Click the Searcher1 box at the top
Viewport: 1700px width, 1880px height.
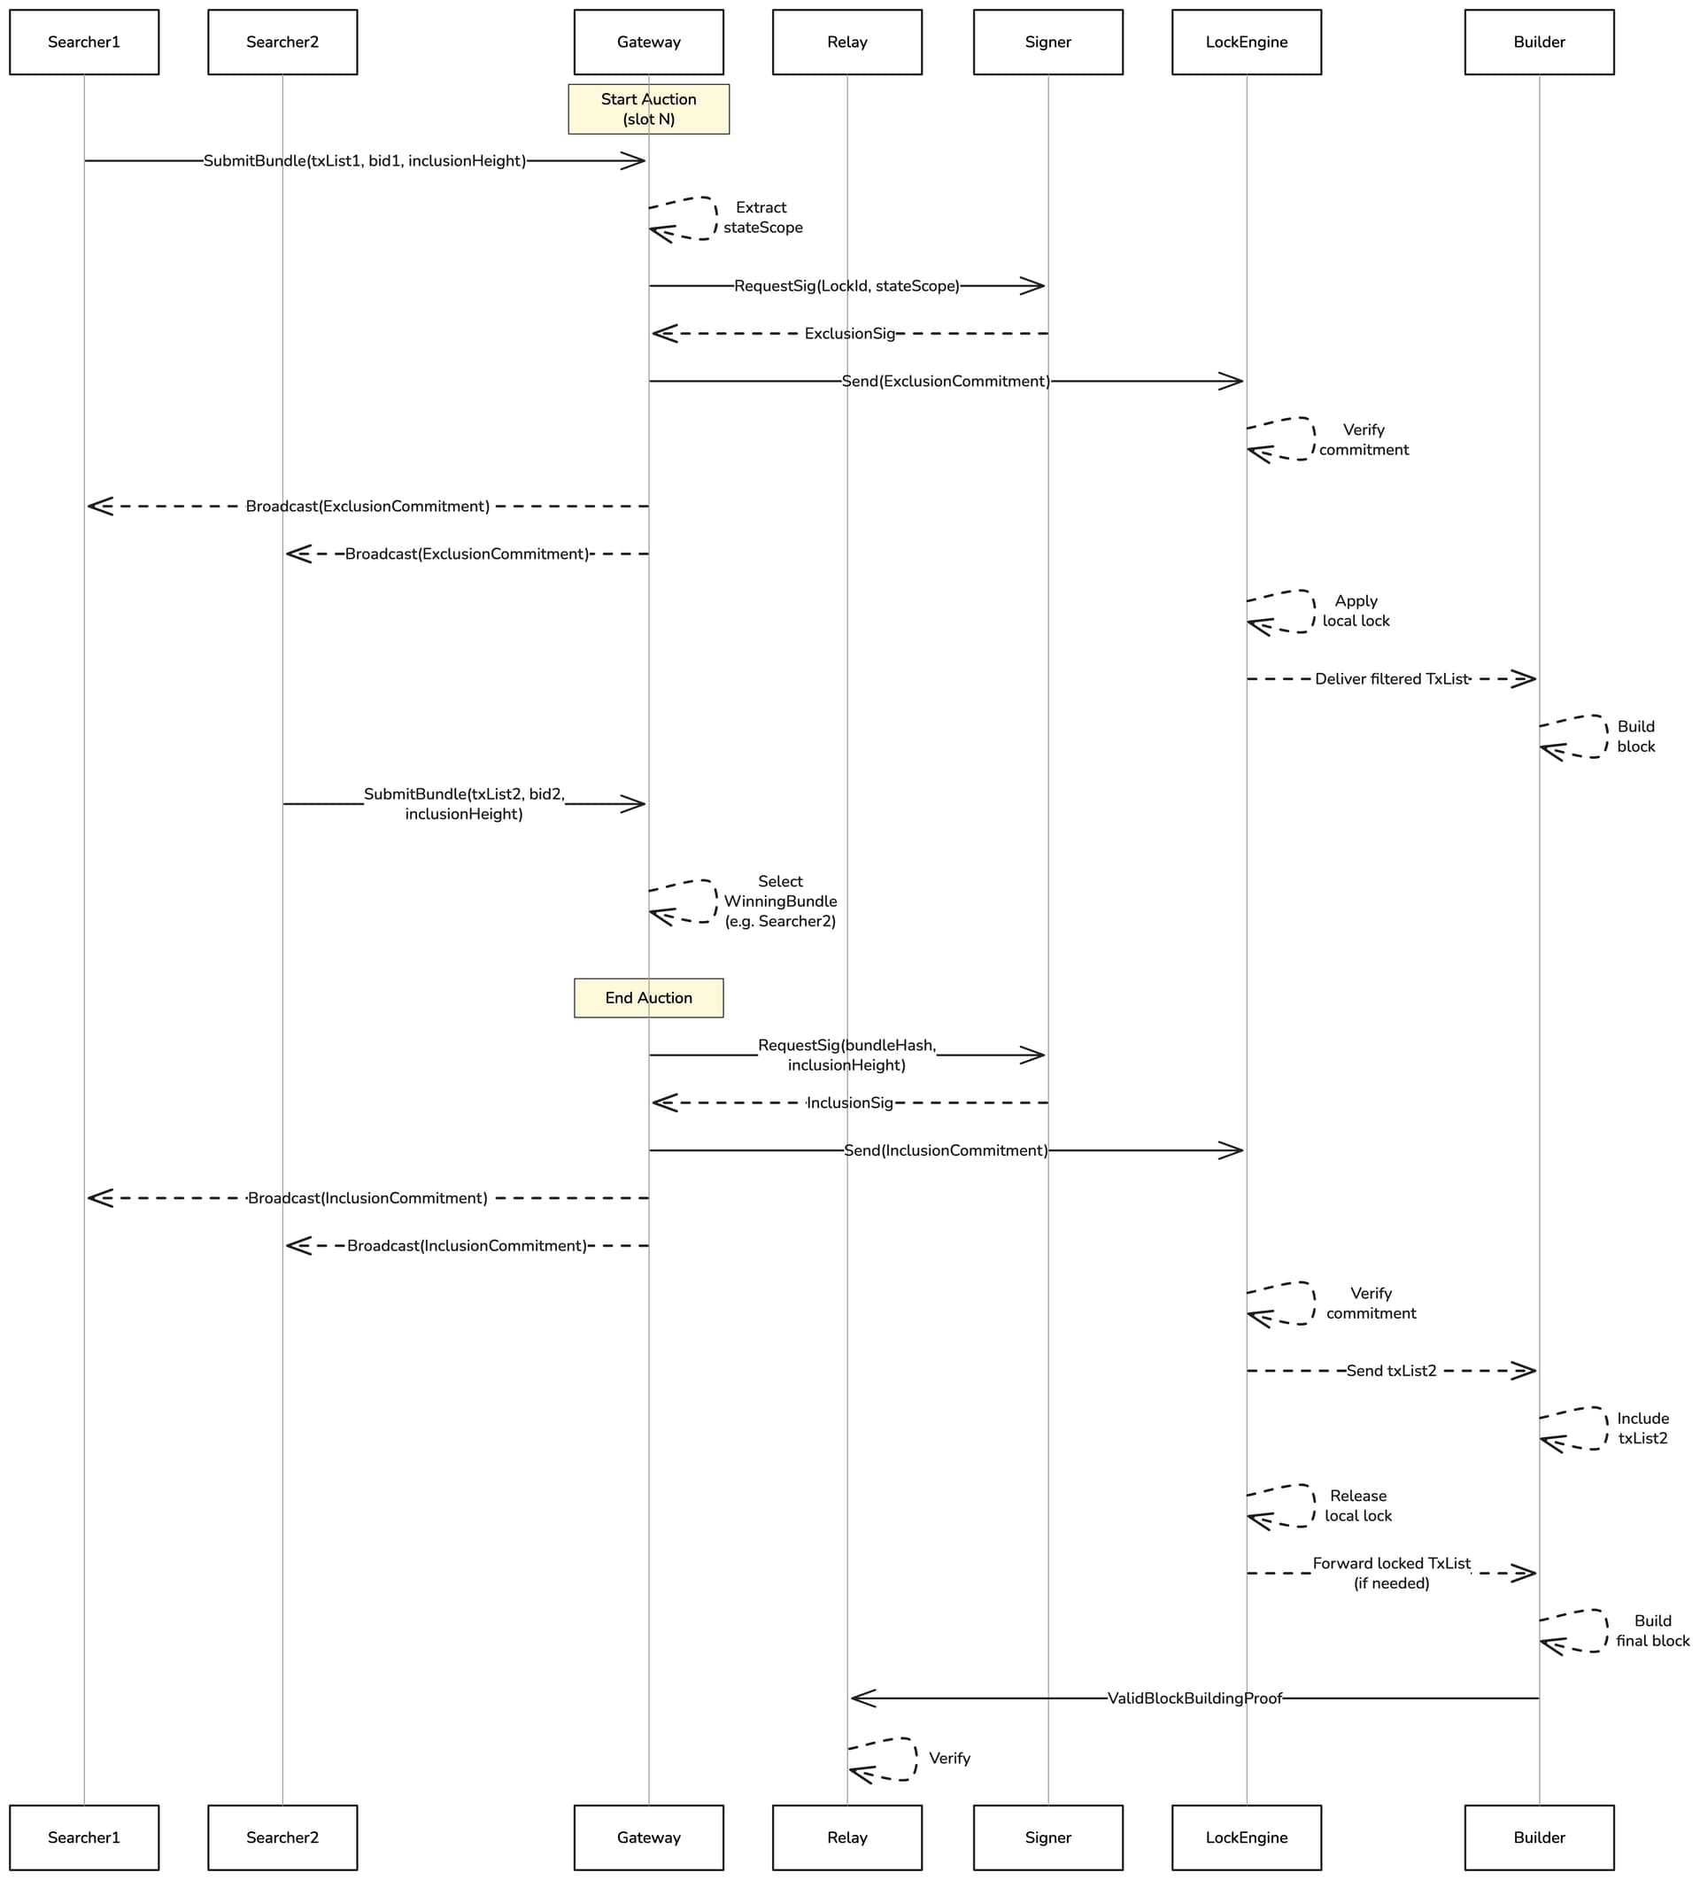tap(84, 42)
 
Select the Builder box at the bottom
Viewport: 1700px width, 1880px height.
tap(1539, 1837)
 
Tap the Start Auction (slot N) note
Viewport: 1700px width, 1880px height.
tap(648, 109)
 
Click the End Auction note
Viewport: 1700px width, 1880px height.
tap(648, 998)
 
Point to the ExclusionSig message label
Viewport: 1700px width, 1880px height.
tap(849, 334)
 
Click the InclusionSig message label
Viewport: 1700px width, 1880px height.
tap(849, 1103)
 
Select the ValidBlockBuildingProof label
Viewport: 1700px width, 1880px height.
tap(1194, 1698)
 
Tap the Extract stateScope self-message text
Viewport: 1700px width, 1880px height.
tap(761, 217)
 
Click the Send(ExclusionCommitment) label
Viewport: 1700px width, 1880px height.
tap(946, 382)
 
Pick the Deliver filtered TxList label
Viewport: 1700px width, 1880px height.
tap(1391, 679)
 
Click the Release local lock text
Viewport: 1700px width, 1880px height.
tap(1357, 1506)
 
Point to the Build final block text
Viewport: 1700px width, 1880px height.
tap(1652, 1631)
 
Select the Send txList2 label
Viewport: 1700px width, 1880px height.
tap(1391, 1371)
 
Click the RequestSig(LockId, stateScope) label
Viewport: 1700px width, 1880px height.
tap(846, 286)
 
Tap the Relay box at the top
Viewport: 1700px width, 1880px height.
tap(846, 42)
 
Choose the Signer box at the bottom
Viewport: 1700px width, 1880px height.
tap(1048, 1837)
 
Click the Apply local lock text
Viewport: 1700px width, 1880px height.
tap(1356, 611)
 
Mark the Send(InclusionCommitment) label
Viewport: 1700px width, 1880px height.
tap(946, 1150)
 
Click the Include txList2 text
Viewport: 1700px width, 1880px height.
tap(1643, 1428)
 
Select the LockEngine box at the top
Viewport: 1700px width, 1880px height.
tap(1247, 42)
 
